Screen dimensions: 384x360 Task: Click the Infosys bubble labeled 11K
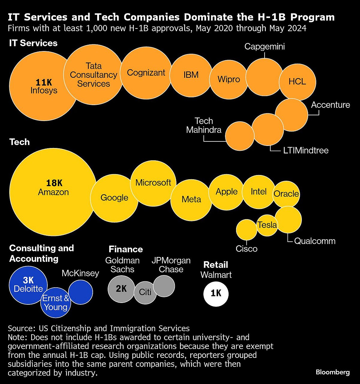coord(43,86)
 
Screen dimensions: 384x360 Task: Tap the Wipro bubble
coord(229,79)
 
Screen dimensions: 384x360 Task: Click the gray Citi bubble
coord(145,292)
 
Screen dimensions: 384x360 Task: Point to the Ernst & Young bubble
coord(55,303)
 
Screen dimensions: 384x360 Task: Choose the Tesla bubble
coord(267,225)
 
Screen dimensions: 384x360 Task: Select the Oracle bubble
coord(286,194)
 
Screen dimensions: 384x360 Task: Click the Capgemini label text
coord(265,47)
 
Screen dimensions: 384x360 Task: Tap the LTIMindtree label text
coord(306,150)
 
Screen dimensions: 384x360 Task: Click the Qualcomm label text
coord(315,241)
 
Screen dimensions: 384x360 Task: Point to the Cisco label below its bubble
coord(247,249)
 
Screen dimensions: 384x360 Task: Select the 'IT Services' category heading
coord(33,43)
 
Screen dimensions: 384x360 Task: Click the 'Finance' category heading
coord(126,249)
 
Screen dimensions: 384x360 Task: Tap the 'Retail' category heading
coord(216,265)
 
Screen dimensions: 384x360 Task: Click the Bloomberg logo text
coord(333,372)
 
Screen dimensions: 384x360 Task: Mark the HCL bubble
coord(297,82)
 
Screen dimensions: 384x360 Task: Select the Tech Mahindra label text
coord(204,125)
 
